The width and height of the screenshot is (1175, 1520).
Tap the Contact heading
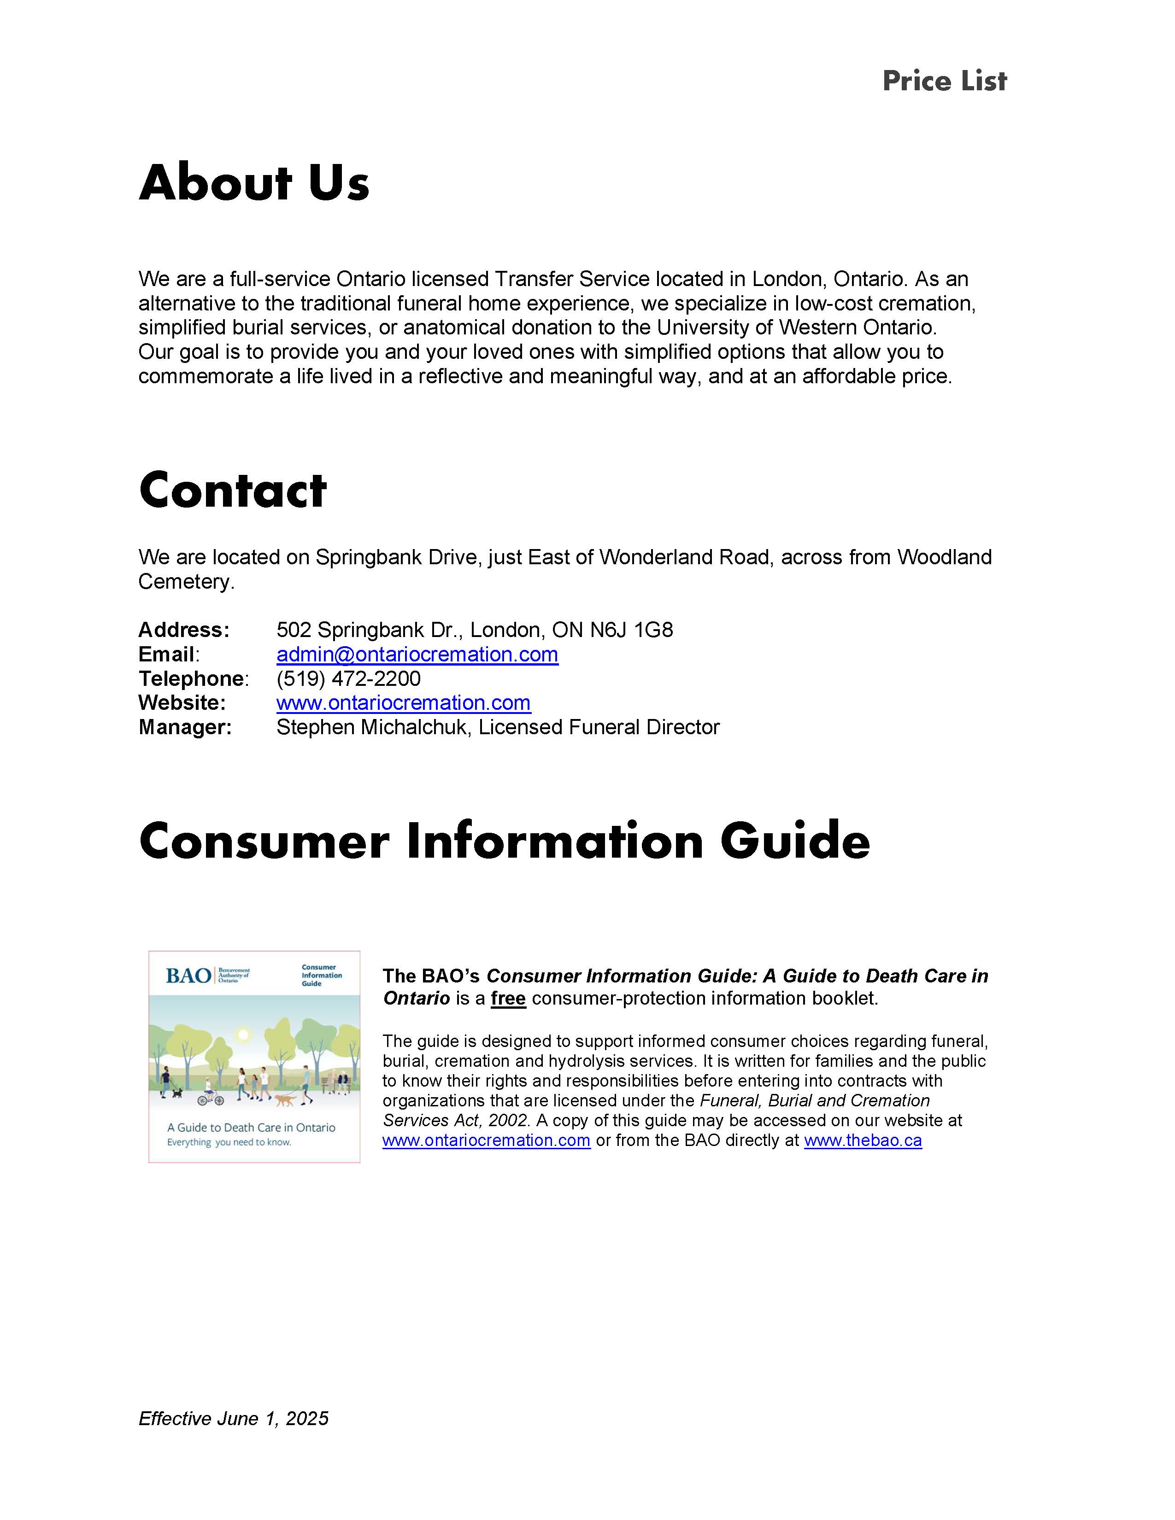pos(233,490)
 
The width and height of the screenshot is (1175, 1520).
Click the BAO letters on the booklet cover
pos(188,976)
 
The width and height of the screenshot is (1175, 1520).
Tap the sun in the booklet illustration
pos(243,1035)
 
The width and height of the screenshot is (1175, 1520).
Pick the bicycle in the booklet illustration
pos(210,1099)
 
